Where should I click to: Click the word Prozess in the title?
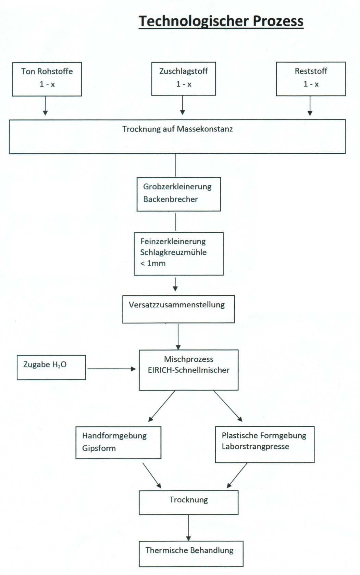click(278, 21)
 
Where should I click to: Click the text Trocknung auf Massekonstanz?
click(177, 129)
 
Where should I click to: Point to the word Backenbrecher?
click(171, 199)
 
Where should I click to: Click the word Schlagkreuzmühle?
click(173, 252)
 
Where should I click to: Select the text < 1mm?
click(153, 264)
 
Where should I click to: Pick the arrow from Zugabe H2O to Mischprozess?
click(112, 369)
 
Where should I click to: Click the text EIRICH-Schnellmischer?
click(189, 370)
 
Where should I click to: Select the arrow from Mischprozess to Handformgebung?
click(162, 406)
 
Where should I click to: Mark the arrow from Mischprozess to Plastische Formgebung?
click(228, 406)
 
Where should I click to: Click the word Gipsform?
click(99, 448)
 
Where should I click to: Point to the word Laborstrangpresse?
click(256, 446)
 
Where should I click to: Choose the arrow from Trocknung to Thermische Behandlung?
click(189, 527)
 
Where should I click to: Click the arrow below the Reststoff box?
click(310, 106)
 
